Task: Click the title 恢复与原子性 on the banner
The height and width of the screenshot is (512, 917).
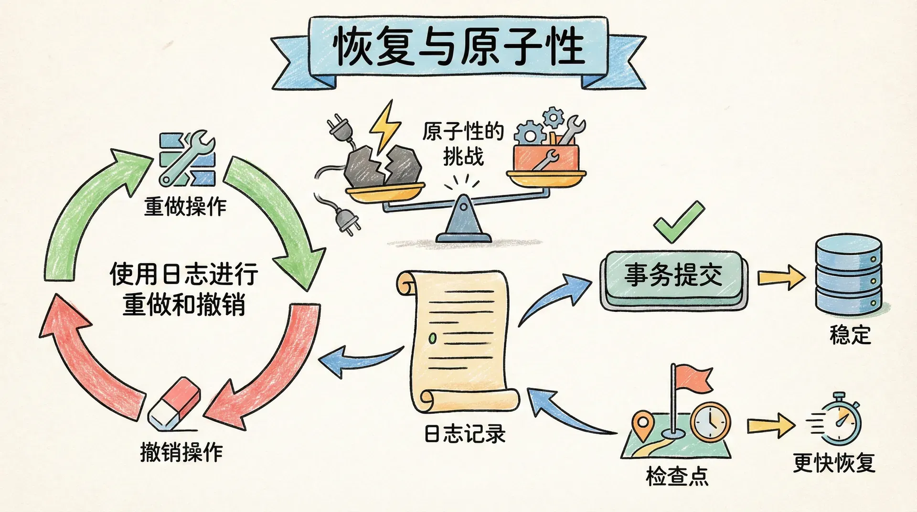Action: coord(458,47)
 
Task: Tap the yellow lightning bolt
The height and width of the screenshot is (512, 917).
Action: coord(385,125)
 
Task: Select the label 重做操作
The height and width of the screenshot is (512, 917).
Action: coord(185,207)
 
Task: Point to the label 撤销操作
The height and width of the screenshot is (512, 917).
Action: coord(181,451)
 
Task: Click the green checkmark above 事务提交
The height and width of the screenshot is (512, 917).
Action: coord(678,221)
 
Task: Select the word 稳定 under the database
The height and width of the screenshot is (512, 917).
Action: coord(850,335)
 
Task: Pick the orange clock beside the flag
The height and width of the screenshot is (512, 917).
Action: coord(710,422)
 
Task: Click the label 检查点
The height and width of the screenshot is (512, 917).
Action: coord(677,476)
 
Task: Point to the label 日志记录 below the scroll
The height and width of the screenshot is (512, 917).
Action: coord(465,434)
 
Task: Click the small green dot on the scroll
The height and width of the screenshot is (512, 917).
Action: coord(433,338)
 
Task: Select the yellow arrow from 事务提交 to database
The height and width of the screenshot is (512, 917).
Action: coord(781,277)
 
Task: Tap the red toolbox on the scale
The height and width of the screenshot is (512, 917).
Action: coord(545,158)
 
